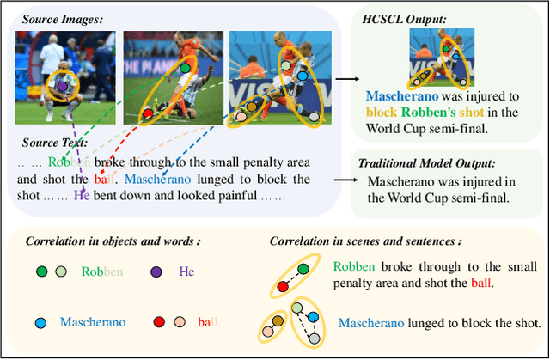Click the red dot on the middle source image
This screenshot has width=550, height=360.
[148, 113]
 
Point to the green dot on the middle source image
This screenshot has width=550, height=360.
[184, 67]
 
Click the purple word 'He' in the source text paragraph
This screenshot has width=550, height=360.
[82, 194]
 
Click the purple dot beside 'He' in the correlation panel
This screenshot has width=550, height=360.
[156, 272]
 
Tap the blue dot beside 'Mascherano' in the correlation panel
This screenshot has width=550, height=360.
[40, 323]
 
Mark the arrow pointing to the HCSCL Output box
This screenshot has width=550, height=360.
[343, 78]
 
